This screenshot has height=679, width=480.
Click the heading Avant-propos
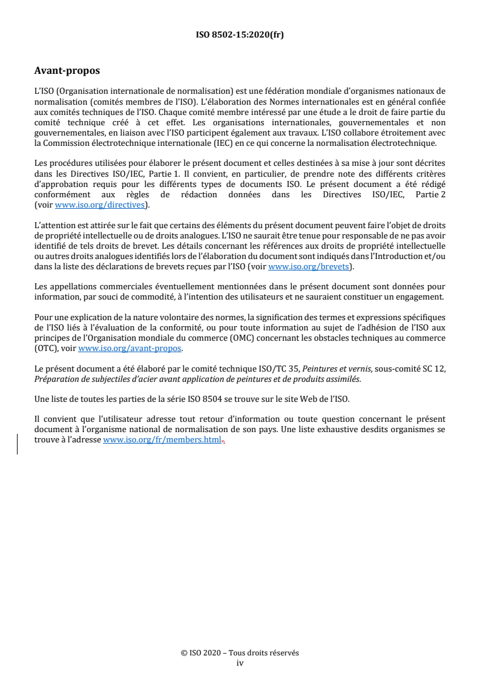67,71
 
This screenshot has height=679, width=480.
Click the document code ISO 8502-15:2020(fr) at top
240,34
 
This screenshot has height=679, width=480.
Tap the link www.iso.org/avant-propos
130,349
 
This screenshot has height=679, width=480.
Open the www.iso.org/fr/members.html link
162,441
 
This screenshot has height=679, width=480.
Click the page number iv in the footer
240,663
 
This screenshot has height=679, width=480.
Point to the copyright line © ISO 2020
240,653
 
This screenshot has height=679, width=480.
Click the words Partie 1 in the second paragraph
180,174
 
